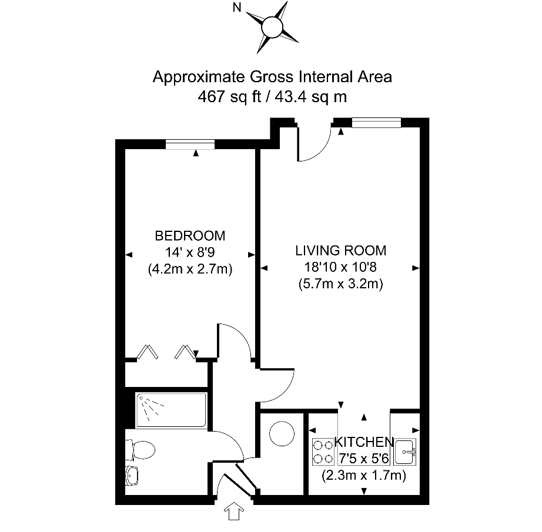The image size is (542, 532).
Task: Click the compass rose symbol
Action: coord(272,26)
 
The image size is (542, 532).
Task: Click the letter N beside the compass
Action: coord(237,8)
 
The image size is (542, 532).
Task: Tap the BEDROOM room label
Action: coord(189,236)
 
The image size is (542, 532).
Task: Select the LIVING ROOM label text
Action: coord(341,251)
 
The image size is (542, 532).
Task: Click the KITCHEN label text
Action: coord(364,442)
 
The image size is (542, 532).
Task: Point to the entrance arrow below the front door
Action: coord(233,512)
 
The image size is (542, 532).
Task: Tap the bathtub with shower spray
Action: coord(171,410)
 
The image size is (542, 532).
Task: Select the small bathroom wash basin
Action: coord(133,475)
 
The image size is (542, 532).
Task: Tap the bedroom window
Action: coord(190,144)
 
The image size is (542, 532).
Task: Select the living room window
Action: coord(376,122)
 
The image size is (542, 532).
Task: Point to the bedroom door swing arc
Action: coord(235,341)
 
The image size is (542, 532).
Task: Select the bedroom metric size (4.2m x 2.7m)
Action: coord(189,270)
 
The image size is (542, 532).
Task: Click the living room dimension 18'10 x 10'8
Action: coord(341,267)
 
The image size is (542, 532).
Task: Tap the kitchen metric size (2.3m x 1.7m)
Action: coord(364,476)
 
